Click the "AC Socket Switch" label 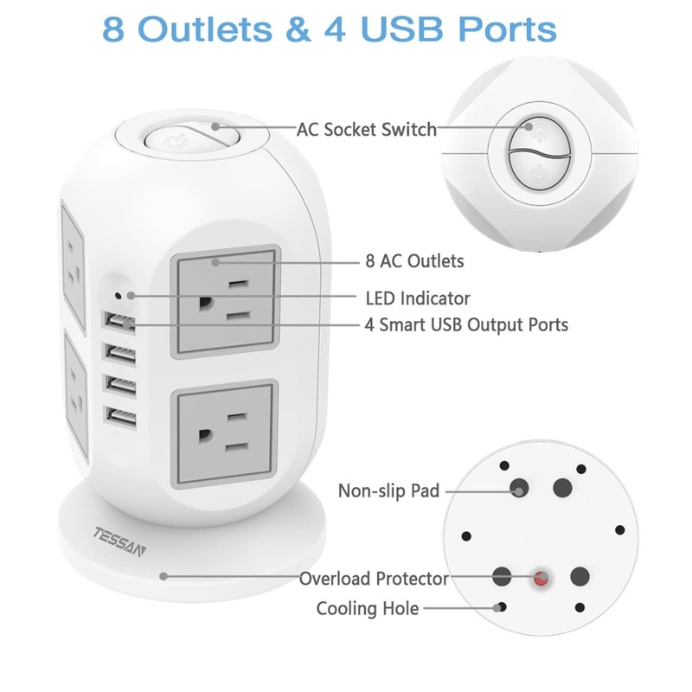[x=366, y=130]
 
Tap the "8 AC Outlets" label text [x=414, y=260]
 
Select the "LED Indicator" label [x=418, y=298]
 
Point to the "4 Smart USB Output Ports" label [x=466, y=325]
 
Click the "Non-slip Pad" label [x=388, y=491]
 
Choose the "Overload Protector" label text [x=374, y=579]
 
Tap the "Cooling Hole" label [x=368, y=609]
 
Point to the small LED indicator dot [x=130, y=295]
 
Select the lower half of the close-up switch [x=537, y=172]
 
